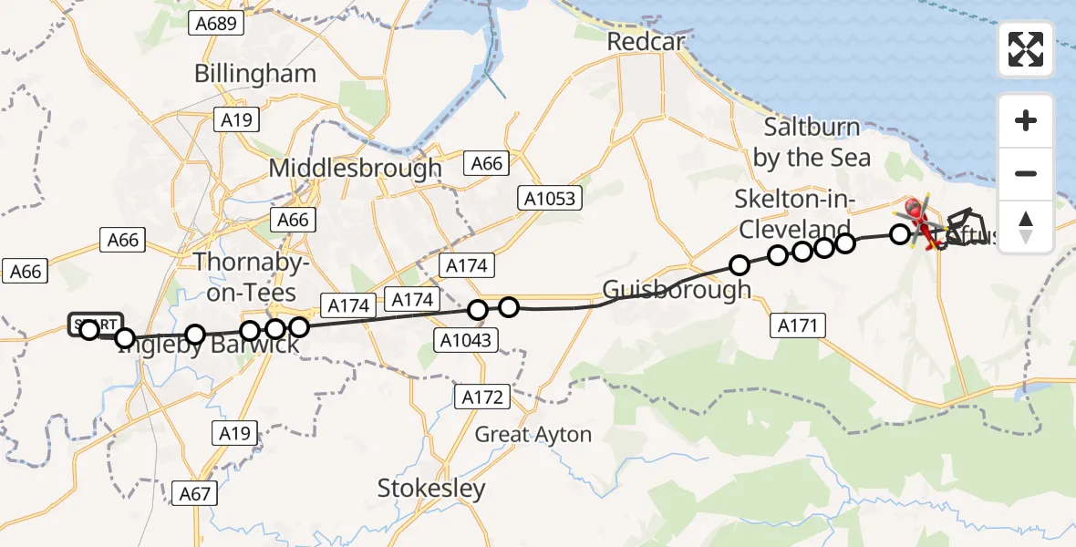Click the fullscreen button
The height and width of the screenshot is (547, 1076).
(x=1026, y=49)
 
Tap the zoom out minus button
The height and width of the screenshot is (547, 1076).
(x=1026, y=173)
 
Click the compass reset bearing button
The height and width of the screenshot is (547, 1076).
(x=1026, y=227)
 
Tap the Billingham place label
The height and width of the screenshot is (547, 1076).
(x=255, y=74)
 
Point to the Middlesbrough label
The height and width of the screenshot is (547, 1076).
(x=355, y=169)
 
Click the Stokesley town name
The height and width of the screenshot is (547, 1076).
(x=431, y=489)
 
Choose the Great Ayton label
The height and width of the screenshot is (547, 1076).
(x=533, y=435)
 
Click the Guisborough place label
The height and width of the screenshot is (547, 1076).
(x=676, y=290)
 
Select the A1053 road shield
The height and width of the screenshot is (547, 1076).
(x=551, y=197)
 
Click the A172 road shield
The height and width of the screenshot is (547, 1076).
(x=482, y=397)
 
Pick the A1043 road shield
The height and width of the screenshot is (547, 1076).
(x=465, y=341)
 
